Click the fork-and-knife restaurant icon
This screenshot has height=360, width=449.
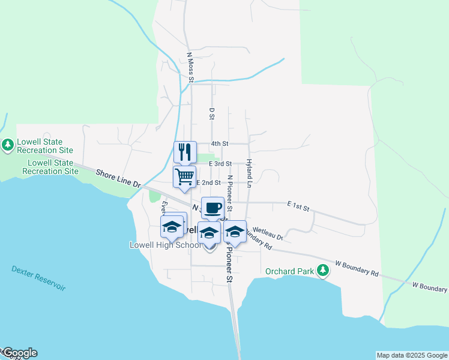pyautogui.click(x=185, y=152)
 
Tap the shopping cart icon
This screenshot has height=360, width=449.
pyautogui.click(x=185, y=177)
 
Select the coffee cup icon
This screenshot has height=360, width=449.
pyautogui.click(x=212, y=208)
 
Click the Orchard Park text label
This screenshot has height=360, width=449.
pyautogui.click(x=289, y=271)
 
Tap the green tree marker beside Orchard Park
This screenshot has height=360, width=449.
pyautogui.click(x=323, y=271)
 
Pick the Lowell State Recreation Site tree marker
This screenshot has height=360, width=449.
pyautogui.click(x=8, y=145)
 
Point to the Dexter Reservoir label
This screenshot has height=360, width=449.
pyautogui.click(x=38, y=278)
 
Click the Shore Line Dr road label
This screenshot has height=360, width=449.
pyautogui.click(x=118, y=179)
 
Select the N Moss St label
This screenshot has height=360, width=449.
pyautogui.click(x=190, y=67)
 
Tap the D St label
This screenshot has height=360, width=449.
pyautogui.click(x=212, y=113)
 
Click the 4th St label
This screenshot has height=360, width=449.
pyautogui.click(x=220, y=144)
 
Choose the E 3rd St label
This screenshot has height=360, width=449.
pyautogui.click(x=220, y=163)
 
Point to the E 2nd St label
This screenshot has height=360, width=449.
pyautogui.click(x=208, y=182)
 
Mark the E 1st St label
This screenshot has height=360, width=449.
pyautogui.click(x=298, y=207)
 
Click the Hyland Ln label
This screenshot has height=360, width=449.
pyautogui.click(x=248, y=173)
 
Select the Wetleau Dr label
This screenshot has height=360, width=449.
pyautogui.click(x=268, y=230)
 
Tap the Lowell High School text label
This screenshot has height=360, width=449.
pyautogui.click(x=166, y=245)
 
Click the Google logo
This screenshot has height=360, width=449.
pyautogui.click(x=19, y=353)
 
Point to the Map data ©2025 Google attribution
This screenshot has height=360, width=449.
pyautogui.click(x=412, y=355)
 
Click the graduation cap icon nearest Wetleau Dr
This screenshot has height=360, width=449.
pyautogui.click(x=235, y=232)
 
